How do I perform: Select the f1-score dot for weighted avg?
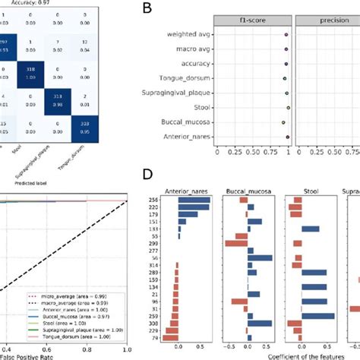tap(286, 35)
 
